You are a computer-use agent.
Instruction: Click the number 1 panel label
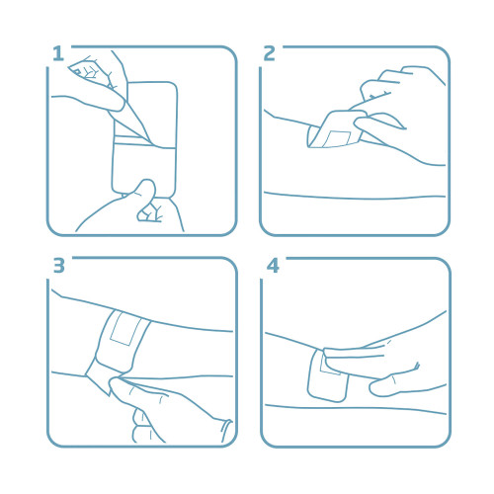tap(58, 53)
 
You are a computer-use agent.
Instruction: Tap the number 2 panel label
tap(269, 53)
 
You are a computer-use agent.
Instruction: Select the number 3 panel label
tap(59, 265)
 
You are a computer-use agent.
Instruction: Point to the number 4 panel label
tap(273, 266)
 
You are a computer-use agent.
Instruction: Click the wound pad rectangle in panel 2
tap(337, 139)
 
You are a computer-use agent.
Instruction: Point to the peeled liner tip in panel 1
tap(150, 140)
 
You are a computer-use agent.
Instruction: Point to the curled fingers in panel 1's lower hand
tap(150, 212)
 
